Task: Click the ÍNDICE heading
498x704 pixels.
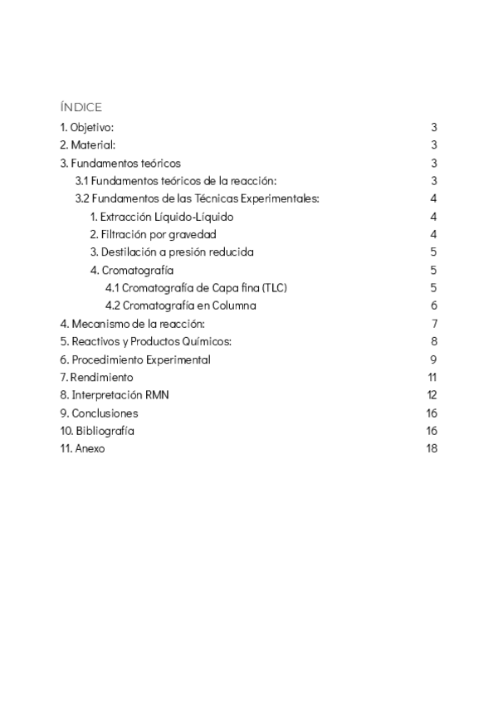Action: [81, 107]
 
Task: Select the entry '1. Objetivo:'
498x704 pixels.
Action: [86, 127]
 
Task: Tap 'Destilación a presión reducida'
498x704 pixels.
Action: [171, 252]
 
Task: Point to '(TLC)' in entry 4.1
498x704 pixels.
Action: [273, 288]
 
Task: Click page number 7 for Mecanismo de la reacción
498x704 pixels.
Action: [434, 324]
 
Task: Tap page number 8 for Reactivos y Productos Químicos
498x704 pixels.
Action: [434, 341]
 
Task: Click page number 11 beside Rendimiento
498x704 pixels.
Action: [432, 377]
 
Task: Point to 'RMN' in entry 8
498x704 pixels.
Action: [156, 395]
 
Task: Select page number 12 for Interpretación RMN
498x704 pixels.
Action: [432, 395]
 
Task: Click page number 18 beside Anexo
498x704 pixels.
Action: [432, 448]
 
